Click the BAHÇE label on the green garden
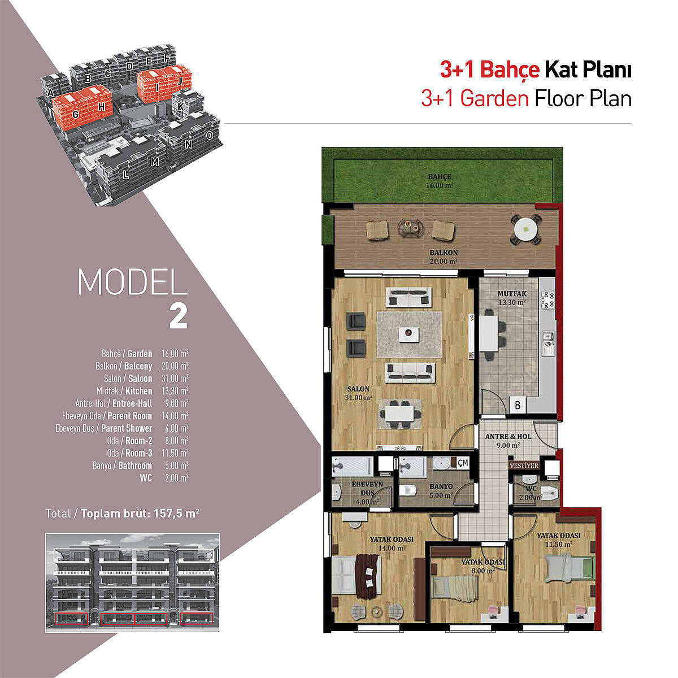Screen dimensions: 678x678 (x=440, y=177)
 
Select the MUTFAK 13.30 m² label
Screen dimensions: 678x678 (x=512, y=298)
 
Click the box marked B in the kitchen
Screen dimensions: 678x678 (x=518, y=405)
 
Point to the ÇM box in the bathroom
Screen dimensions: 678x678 (x=463, y=463)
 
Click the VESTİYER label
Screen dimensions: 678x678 (x=524, y=466)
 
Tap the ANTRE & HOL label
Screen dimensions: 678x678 (x=508, y=436)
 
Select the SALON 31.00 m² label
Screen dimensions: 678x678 (x=359, y=393)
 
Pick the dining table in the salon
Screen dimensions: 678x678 (x=399, y=414)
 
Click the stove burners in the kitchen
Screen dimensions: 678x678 (x=549, y=299)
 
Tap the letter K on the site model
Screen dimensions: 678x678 (x=180, y=107)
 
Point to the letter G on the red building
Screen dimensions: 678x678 (x=75, y=114)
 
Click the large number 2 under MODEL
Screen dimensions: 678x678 (x=178, y=316)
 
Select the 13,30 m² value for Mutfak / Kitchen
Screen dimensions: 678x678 (x=175, y=391)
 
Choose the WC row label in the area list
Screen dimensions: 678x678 (x=146, y=478)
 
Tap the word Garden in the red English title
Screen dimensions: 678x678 (x=494, y=98)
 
